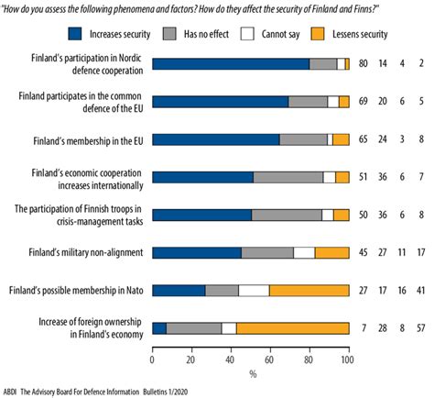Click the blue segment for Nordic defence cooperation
(x=230, y=63)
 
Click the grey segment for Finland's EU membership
(x=303, y=139)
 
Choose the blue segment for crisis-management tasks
(x=201, y=215)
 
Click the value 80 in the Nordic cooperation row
(x=364, y=64)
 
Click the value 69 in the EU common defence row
(x=364, y=102)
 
